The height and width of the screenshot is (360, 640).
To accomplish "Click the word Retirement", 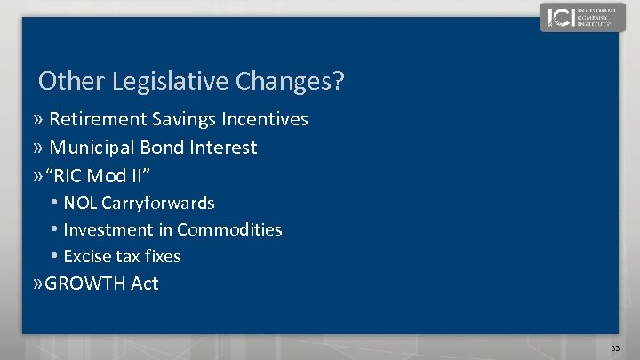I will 98,119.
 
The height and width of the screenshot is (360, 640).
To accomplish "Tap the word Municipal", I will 92,148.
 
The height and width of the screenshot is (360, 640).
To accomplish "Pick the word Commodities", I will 229,230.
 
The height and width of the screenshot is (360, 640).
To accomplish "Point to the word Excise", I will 87,257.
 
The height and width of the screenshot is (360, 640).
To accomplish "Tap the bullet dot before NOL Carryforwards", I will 55,204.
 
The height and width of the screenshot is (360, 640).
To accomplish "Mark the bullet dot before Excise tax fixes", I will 55,257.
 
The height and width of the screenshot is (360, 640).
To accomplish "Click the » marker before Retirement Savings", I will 39,120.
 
